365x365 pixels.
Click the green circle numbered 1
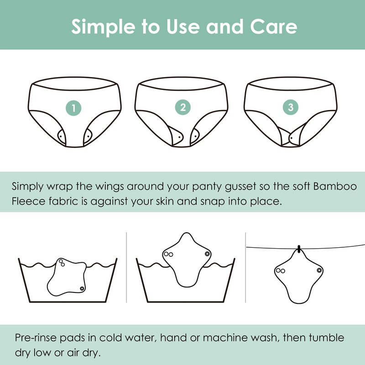tap(73, 108)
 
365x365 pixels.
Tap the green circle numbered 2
tap(183, 107)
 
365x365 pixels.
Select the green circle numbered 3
tap(291, 107)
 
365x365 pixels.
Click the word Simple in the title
tap(103, 27)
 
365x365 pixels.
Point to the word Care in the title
tap(274, 26)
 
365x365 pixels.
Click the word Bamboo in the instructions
tap(335, 186)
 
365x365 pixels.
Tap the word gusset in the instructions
tap(240, 187)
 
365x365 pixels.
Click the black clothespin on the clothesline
tap(299, 249)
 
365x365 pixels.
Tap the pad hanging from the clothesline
tap(299, 277)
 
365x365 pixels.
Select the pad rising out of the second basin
tap(187, 260)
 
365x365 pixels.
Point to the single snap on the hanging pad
tap(319, 271)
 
